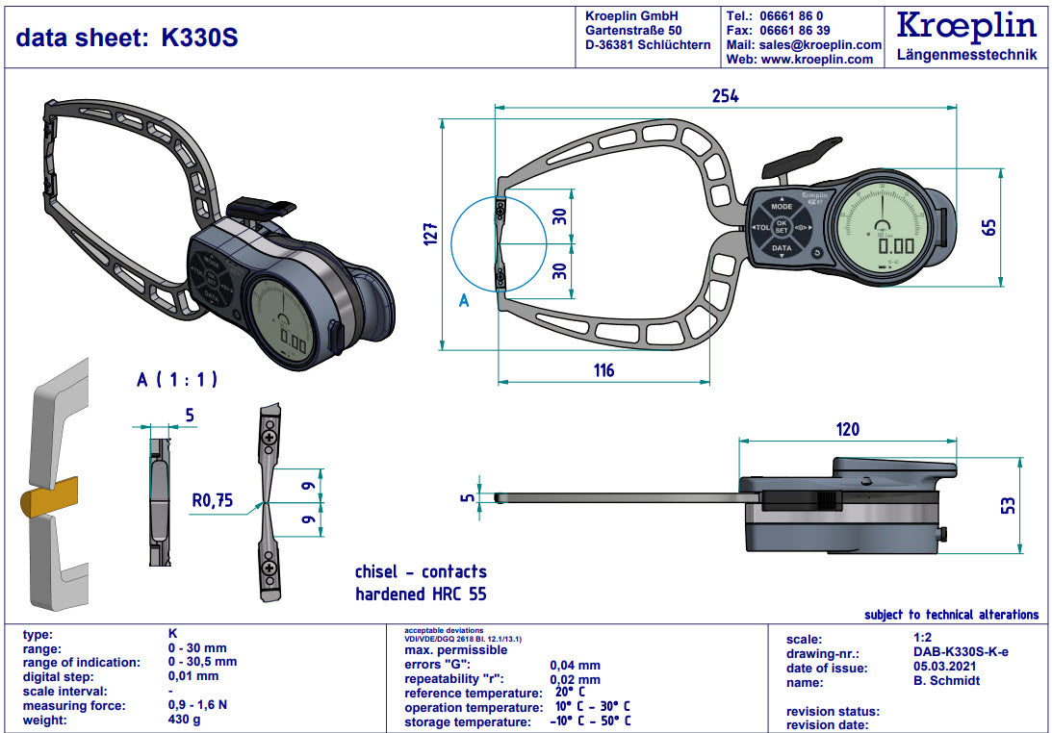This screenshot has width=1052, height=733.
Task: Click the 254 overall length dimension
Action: [x=725, y=95]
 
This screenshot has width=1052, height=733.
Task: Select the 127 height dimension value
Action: [x=430, y=234]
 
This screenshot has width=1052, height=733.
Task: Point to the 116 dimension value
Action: [x=603, y=370]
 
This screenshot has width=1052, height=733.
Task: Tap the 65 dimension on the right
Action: [x=988, y=227]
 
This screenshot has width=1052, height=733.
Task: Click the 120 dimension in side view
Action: [x=847, y=429]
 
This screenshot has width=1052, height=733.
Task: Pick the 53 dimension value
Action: [x=1006, y=504]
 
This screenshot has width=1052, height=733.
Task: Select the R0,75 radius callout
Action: [x=214, y=500]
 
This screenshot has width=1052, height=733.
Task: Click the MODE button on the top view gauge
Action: [x=781, y=207]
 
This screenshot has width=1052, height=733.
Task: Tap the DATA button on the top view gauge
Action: [x=781, y=248]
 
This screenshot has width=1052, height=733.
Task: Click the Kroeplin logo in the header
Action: [x=965, y=26]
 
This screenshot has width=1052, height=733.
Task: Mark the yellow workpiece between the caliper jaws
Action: [x=52, y=499]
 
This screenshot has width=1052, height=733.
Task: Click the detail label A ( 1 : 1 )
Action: [x=176, y=379]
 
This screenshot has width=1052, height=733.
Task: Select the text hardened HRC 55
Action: [x=421, y=594]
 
